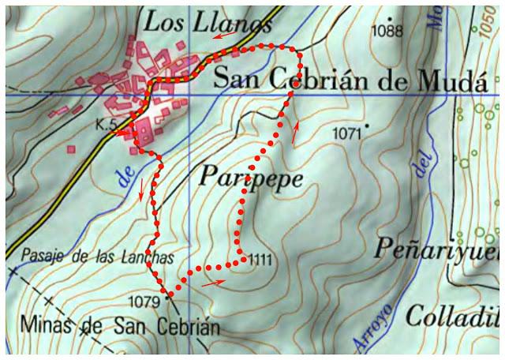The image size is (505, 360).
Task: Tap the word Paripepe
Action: pos(250,178)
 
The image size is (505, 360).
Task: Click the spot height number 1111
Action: pos(260,259)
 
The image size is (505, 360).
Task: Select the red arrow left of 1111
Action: pos(212,281)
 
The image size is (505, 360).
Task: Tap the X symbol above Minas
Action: pos(50,301)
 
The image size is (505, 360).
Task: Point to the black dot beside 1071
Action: pos(367,126)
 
